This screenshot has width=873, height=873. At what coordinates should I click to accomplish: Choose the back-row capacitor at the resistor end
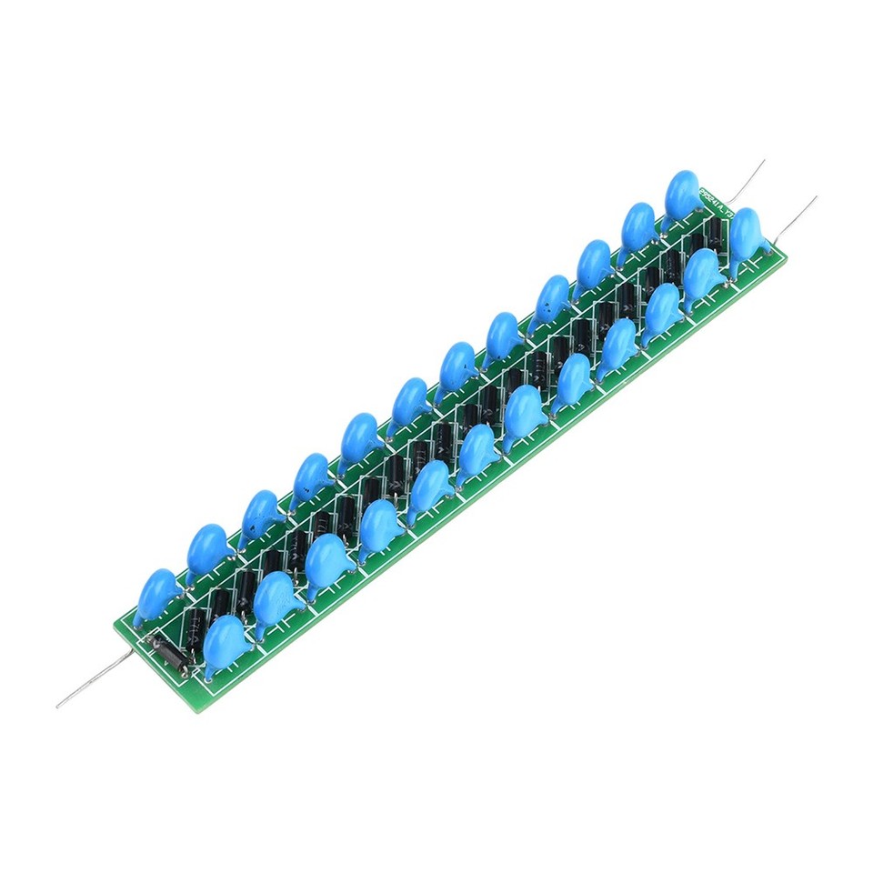coord(156,593)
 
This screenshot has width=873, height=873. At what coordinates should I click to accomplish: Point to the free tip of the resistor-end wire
coord(58,706)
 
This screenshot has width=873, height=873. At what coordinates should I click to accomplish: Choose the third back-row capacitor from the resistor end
coord(261,513)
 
